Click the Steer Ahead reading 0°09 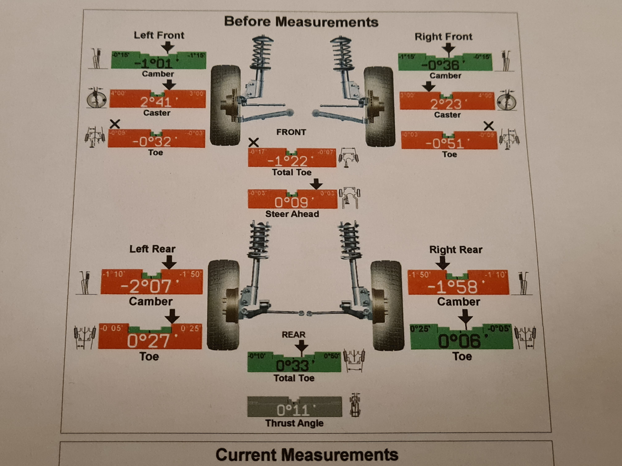291,202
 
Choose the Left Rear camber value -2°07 146,286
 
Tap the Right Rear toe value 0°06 459,341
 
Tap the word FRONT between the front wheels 291,132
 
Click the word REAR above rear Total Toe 294,335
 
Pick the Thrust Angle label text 294,423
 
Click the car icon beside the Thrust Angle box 355,405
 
